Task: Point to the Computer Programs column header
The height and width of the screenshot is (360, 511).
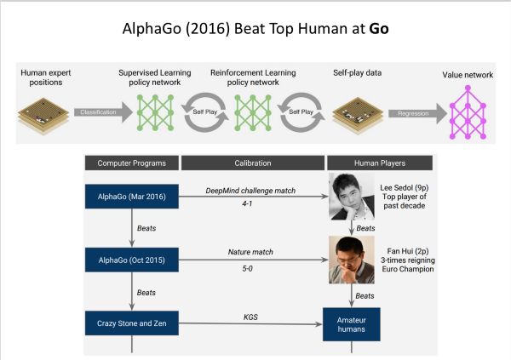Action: pos(130,163)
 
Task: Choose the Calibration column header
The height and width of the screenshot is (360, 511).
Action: pos(250,163)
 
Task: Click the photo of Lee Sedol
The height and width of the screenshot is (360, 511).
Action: pos(351,197)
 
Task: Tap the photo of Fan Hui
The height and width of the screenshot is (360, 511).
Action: pos(351,260)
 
